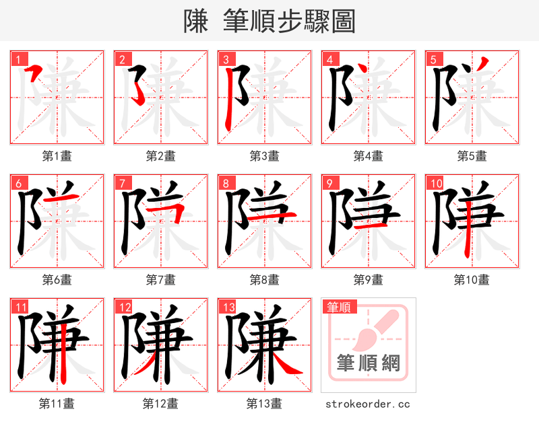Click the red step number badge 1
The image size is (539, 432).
(x=18, y=59)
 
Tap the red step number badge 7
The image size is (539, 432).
(x=121, y=183)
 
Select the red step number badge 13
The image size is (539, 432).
(x=226, y=308)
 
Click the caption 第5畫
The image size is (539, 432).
(x=472, y=156)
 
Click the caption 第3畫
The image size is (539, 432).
(x=264, y=156)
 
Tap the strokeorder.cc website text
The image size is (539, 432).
(x=368, y=404)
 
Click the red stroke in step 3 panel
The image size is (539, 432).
(x=230, y=98)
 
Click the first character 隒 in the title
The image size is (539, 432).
(x=196, y=22)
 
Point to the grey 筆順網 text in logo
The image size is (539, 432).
(x=369, y=363)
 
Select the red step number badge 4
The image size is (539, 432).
(x=329, y=59)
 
